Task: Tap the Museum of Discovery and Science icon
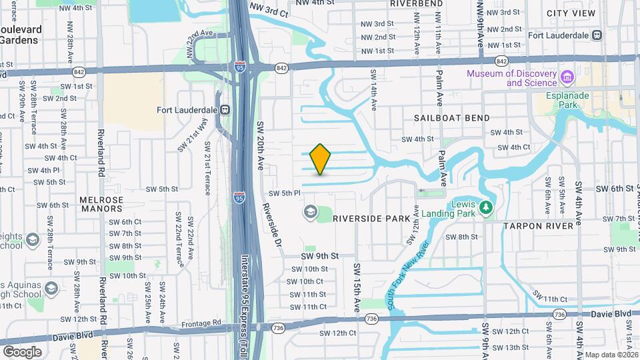[x=568, y=78]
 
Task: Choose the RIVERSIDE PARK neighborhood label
[x=371, y=218]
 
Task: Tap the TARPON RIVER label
[x=539, y=226]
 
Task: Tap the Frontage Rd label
[x=207, y=323]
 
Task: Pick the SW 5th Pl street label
[x=285, y=193]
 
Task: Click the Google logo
[x=21, y=351]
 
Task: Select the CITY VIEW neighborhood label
[x=571, y=13]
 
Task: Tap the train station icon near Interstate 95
[x=226, y=110]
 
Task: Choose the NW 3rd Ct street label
[x=269, y=9]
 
